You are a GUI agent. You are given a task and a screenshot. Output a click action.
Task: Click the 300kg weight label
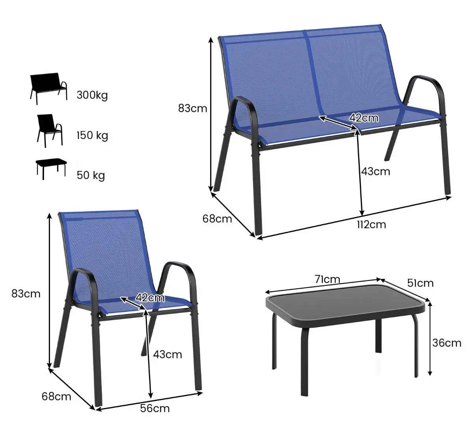point(92,95)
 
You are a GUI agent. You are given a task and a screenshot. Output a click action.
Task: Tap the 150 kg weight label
point(92,135)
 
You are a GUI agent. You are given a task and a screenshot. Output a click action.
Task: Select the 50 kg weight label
point(91,175)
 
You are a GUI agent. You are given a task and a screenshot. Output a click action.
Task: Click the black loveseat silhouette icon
point(48,88)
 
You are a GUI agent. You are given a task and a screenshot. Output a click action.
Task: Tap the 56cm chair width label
point(155,408)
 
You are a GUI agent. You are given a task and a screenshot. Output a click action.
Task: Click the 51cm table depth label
point(420,283)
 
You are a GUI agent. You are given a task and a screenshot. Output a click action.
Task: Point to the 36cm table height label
point(447,343)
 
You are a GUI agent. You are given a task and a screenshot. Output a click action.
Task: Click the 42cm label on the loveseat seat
point(363,118)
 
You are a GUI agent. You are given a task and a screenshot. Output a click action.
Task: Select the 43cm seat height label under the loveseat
point(376,171)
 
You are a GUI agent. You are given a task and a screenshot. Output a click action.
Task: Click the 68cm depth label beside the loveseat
point(217,218)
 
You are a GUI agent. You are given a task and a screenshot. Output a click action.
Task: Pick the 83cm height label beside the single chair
point(26,293)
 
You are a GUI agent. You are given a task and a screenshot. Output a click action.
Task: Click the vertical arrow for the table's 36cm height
point(430,339)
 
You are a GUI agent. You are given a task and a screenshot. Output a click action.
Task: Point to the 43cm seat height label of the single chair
point(168,354)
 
